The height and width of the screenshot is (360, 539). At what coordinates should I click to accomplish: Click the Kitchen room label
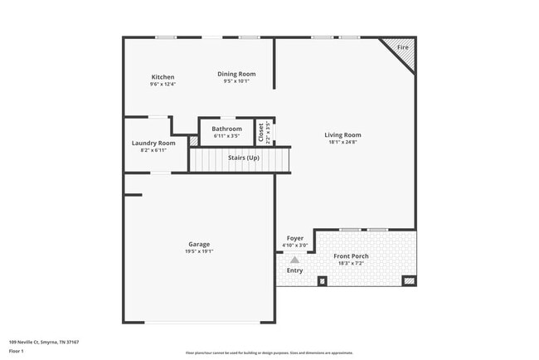pos(163,77)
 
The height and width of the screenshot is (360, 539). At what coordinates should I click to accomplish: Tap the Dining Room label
pos(236,74)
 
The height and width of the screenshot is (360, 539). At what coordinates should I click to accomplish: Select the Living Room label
pos(342,135)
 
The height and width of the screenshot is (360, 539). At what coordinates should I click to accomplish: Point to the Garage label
pos(199,244)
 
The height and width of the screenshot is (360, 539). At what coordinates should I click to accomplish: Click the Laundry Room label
pos(153,143)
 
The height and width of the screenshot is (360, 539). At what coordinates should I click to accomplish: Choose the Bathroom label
pos(226,129)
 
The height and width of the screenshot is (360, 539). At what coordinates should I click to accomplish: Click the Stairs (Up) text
pos(242,158)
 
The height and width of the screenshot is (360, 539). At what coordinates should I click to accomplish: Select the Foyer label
pos(295,238)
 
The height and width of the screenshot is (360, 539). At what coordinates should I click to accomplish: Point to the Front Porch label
pos(352,256)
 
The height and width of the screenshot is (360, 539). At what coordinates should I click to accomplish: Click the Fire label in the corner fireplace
pos(403,48)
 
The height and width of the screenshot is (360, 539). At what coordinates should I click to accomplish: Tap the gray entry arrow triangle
pos(294,260)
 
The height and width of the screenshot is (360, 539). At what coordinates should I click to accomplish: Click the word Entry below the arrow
pos(294,270)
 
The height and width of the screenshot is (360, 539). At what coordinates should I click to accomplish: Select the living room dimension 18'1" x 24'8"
pos(342,143)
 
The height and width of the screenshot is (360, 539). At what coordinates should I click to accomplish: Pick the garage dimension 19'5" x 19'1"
pos(199,251)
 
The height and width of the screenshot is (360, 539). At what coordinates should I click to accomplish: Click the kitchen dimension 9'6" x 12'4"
pos(163,84)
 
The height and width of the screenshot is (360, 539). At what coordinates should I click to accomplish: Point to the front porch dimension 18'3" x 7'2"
pos(352,264)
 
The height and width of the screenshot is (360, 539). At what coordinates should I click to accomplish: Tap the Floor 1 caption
pos(17,351)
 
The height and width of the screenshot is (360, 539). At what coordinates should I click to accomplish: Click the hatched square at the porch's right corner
pos(409,281)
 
